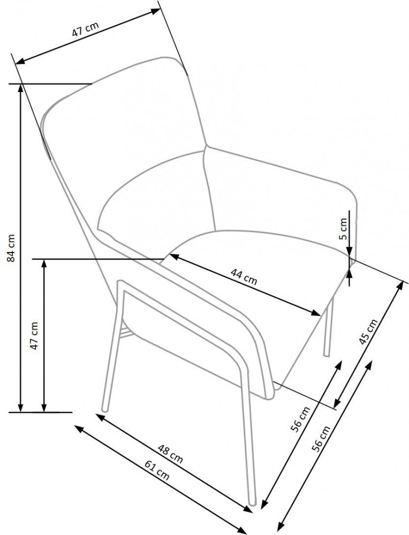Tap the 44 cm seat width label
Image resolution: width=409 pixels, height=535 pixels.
coord(244,277)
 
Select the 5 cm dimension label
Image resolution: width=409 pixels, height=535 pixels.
coord(344,228)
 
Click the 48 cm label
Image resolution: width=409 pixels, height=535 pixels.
coord(171,453)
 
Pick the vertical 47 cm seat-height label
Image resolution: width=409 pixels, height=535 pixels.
coord(34,335)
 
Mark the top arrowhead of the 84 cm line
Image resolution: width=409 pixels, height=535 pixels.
coord(21,88)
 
